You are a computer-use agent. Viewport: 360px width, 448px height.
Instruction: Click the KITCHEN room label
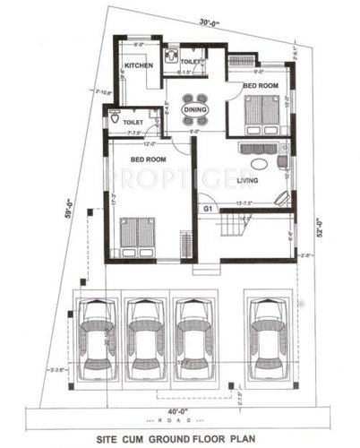click(x=139, y=65)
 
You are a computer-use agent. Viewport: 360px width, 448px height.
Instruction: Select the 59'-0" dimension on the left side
click(x=64, y=208)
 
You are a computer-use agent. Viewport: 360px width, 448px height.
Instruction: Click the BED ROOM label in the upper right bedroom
click(x=261, y=86)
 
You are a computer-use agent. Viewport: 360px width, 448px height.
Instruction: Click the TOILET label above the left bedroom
click(x=133, y=120)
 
